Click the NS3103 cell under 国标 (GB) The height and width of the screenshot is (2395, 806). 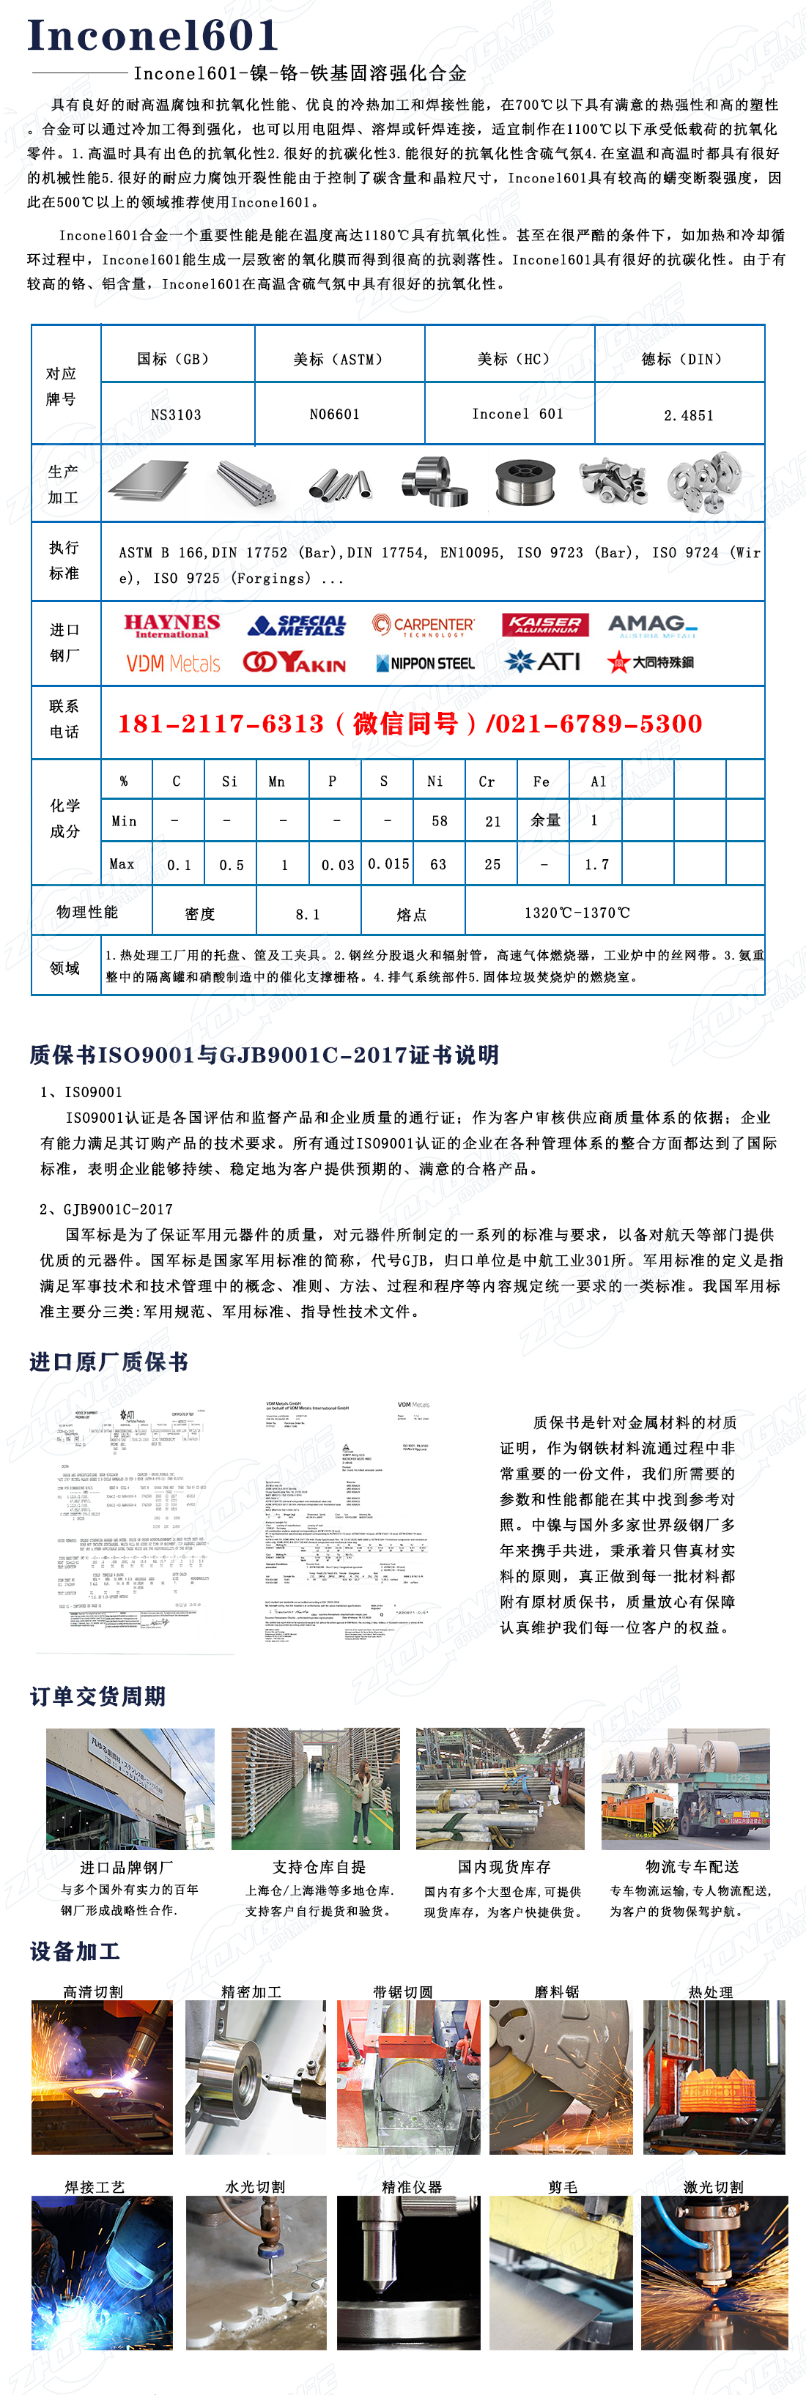tap(176, 415)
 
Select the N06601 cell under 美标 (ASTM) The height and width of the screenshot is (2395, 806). tap(335, 414)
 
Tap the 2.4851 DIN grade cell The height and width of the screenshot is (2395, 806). tap(688, 415)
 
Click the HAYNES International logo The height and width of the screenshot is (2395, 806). tap(172, 625)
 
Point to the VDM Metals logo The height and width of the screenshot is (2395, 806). tap(173, 663)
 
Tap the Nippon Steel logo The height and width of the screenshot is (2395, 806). tap(425, 663)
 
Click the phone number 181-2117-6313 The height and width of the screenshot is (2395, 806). tap(221, 724)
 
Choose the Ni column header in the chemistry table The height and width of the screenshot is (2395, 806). tap(435, 781)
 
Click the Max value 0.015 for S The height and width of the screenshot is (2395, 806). tap(388, 864)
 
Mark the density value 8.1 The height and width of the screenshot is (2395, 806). tap(308, 914)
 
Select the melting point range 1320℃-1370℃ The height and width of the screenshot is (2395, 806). tap(577, 913)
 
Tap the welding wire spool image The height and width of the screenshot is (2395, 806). tap(525, 483)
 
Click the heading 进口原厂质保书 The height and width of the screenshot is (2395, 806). tap(108, 1362)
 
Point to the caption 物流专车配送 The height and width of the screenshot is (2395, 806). tap(692, 1867)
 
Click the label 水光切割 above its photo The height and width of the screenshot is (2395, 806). tap(255, 2187)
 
